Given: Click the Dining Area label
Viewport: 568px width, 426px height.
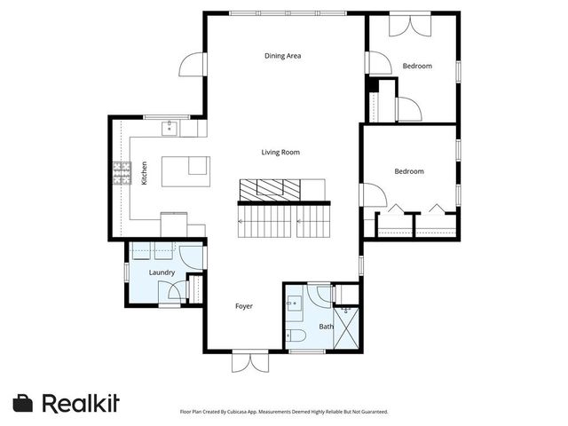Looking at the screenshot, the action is pos(282,56).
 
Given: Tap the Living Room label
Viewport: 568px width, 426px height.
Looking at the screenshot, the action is pos(280,152).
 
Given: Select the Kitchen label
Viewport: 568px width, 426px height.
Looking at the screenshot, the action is pos(144,173).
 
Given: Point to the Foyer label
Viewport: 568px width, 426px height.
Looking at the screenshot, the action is pos(244,306).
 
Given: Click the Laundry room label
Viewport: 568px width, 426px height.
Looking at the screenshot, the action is pos(162,272).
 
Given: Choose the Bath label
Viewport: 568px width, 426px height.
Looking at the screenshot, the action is pos(326,327).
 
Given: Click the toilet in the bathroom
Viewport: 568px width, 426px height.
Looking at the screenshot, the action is pos(296,335).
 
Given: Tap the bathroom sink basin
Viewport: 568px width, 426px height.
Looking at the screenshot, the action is pos(294,303).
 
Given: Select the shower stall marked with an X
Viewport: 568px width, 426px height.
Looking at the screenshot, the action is pos(346,328).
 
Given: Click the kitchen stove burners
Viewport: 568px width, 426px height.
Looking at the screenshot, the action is pos(122,173).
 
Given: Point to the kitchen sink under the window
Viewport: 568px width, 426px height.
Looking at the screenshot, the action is pos(170,128).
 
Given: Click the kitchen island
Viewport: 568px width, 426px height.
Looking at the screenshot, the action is pos(185,171).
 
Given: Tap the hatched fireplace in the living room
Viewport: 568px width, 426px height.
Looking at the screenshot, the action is pos(270,189).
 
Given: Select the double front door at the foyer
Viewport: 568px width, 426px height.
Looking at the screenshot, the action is pos(250,362).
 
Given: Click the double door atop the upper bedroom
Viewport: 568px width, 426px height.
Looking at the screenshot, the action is pos(410,26).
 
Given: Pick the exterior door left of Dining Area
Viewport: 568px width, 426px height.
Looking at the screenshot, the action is pos(193,65).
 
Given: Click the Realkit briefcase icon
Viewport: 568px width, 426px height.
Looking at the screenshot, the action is pos(23,403).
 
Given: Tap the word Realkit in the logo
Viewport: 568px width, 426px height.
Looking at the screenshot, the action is pos(81,403).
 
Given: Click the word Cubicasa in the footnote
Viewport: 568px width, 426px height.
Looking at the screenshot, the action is pos(239,412).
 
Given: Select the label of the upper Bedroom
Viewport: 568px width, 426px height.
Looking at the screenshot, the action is pos(417,66).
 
